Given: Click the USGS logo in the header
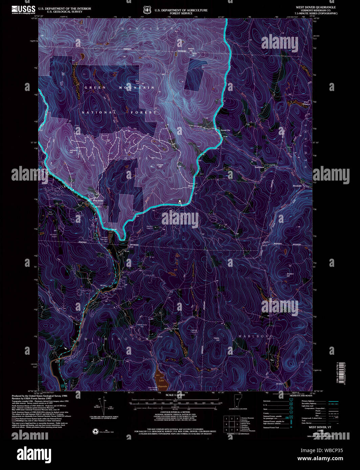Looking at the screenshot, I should coord(23,9).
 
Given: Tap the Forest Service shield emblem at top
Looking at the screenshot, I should coord(147,10).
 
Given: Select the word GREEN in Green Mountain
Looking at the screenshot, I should coord(95,88).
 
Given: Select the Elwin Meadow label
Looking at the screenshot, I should coord(306,103).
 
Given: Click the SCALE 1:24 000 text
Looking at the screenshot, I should coord(175,395).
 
